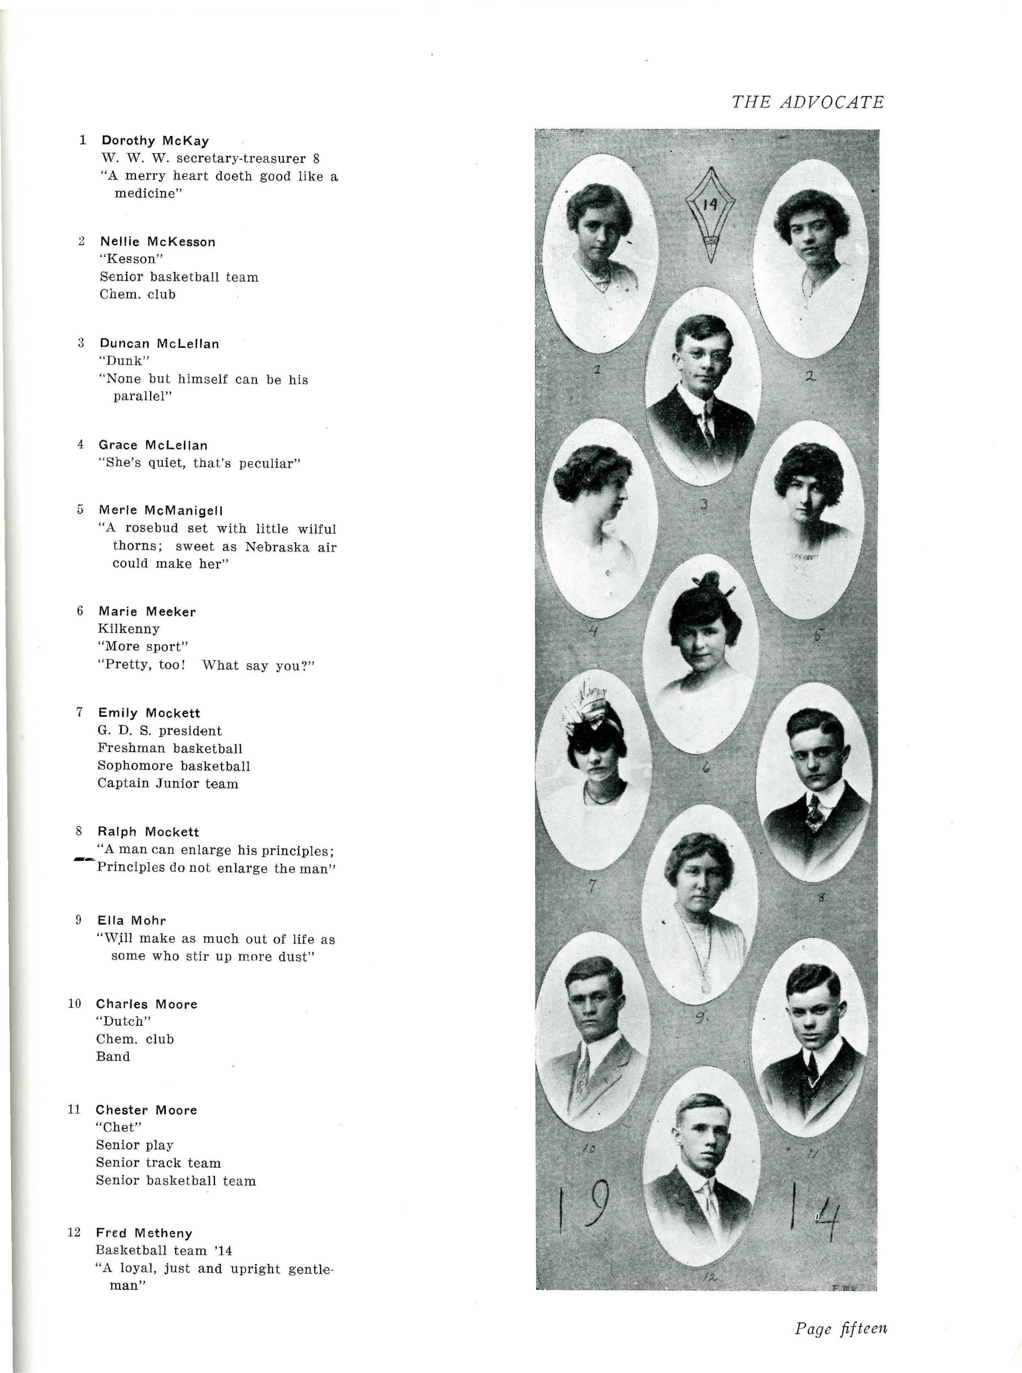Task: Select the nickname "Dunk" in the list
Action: point(124,361)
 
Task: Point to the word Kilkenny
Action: point(129,629)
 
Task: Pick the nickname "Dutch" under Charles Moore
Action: point(123,1021)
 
